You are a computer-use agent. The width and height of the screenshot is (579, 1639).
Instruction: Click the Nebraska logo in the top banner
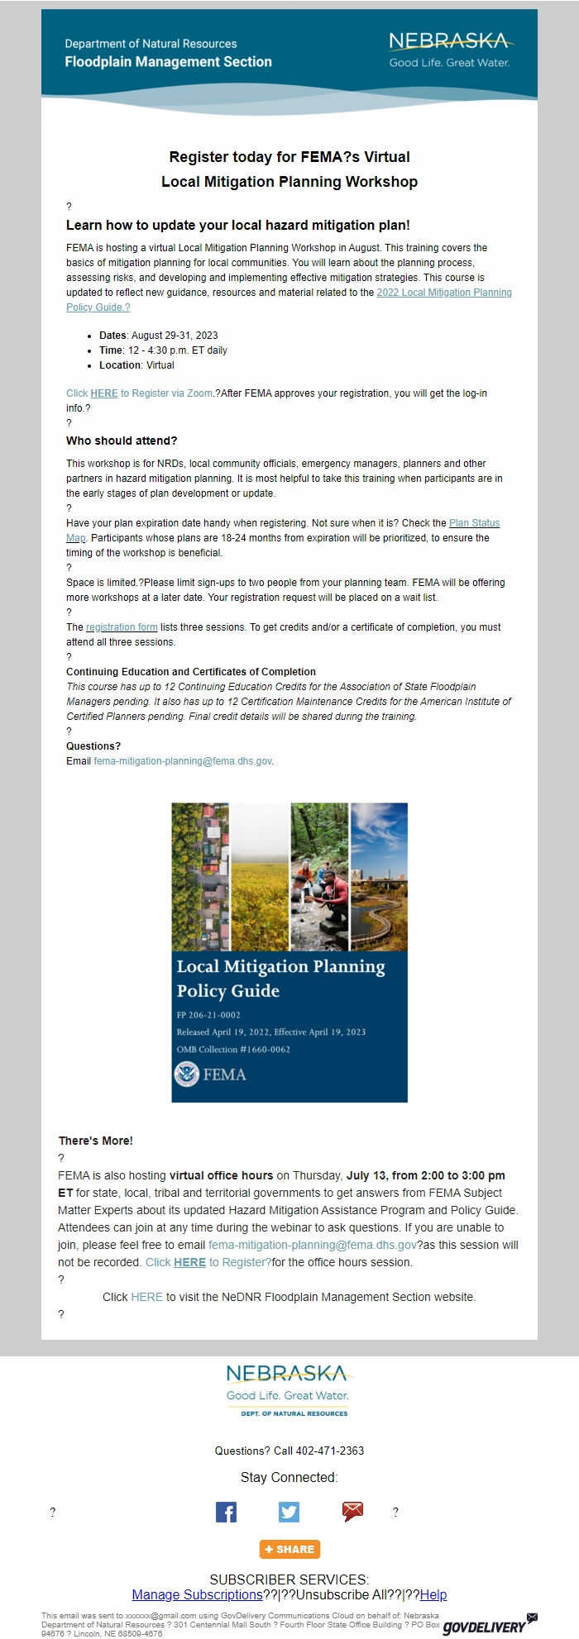click(x=449, y=49)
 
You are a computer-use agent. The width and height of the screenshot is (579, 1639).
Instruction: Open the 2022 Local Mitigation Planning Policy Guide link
click(x=443, y=293)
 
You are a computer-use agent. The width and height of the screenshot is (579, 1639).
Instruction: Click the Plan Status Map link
click(x=474, y=523)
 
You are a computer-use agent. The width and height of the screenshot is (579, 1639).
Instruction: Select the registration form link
click(x=122, y=627)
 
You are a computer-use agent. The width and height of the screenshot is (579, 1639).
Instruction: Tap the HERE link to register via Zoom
click(x=103, y=393)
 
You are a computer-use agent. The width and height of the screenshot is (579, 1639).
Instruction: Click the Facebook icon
click(x=226, y=1512)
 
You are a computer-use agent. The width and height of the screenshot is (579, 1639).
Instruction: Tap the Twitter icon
click(x=289, y=1512)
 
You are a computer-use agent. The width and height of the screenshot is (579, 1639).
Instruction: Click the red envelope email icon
click(x=352, y=1512)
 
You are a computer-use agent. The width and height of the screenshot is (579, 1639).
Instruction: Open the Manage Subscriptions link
click(x=197, y=1594)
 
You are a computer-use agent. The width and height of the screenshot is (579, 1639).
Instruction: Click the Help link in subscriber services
click(x=433, y=1594)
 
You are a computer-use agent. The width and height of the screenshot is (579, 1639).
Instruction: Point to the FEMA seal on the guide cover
click(x=187, y=1074)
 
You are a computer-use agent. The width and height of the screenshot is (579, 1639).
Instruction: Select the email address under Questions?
click(x=182, y=761)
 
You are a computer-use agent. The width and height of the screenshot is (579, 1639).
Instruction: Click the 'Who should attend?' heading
click(x=122, y=441)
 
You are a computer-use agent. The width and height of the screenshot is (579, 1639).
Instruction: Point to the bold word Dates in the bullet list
click(x=112, y=336)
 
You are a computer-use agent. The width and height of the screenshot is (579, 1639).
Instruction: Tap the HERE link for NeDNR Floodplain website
click(x=146, y=1297)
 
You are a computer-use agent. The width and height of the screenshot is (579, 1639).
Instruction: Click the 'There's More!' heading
click(x=95, y=1141)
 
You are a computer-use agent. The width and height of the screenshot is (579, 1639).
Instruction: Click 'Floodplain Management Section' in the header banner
click(x=168, y=62)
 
